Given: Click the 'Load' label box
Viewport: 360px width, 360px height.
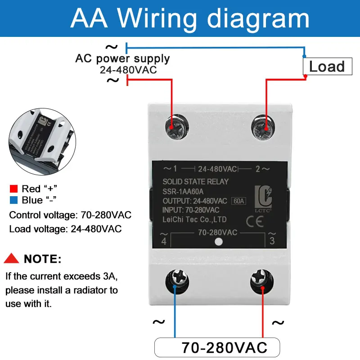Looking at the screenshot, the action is point(327,67).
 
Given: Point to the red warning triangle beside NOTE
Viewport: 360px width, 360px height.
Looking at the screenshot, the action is point(12,259).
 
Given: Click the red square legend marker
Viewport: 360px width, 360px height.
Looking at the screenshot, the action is point(13,189).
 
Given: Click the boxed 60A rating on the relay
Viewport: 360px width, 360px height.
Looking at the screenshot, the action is point(238,201).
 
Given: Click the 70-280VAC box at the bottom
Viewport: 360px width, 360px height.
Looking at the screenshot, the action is point(217,347).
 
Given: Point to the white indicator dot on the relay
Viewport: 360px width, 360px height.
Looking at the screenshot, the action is point(218,242).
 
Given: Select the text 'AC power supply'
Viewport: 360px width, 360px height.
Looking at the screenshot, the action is point(122,58).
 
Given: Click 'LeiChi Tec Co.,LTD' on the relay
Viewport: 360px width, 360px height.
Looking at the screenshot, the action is point(194,220).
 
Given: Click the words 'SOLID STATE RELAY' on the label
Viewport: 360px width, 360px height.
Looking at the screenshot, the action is point(196,182).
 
